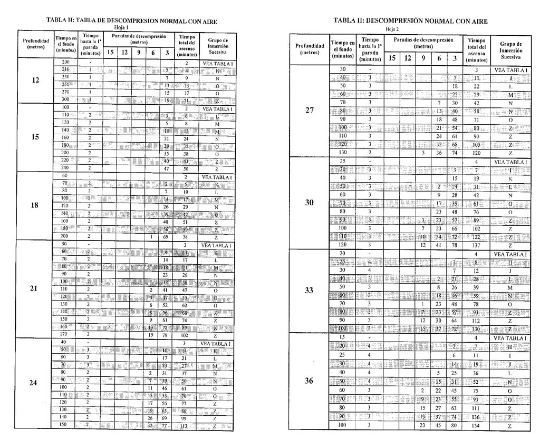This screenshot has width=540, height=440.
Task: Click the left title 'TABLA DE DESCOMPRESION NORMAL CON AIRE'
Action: [x=132, y=22]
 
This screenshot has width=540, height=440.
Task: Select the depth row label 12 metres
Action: [x=35, y=81]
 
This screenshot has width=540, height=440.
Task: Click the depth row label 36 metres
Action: [x=309, y=381]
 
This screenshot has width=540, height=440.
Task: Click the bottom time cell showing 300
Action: [x=66, y=99]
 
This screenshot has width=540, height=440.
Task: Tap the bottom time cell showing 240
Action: [x=66, y=168]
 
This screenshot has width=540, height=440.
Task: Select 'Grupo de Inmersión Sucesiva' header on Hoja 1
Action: [x=217, y=46]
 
